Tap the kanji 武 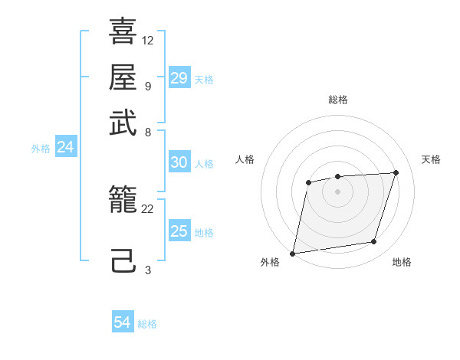(x=123, y=123)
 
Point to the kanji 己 (x=123, y=261)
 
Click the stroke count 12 (x=148, y=40)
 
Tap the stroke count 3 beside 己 (x=147, y=270)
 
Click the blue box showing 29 (x=179, y=78)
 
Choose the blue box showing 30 (x=179, y=162)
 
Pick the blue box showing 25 (x=179, y=231)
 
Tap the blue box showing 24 (x=65, y=147)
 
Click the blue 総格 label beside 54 (x=147, y=324)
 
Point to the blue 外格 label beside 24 (x=41, y=149)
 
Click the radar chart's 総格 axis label (x=337, y=100)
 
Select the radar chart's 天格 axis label (x=431, y=159)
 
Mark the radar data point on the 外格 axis (x=293, y=253)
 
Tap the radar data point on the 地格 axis (x=374, y=242)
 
